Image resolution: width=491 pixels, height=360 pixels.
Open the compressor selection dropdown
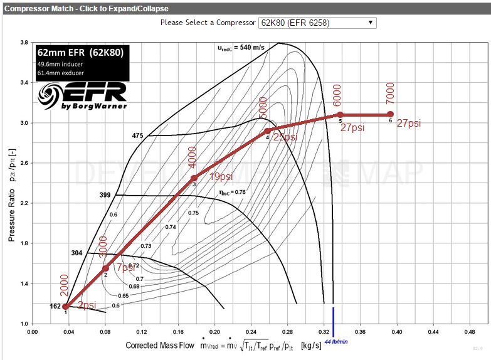pos(317,22)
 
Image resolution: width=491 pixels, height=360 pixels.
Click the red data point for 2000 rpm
pos(65,307)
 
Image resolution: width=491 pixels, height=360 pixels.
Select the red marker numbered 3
pos(194,178)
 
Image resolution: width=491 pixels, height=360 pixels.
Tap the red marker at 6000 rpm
pos(340,115)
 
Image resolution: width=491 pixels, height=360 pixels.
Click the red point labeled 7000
pos(390,115)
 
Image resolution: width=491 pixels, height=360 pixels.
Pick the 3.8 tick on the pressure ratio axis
pos(24,43)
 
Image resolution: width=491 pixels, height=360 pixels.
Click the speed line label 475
pos(138,135)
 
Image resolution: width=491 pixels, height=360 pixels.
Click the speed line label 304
pos(77,254)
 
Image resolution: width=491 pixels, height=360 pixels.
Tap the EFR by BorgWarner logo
pos(82,96)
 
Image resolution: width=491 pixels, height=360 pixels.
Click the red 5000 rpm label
pos(262,108)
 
